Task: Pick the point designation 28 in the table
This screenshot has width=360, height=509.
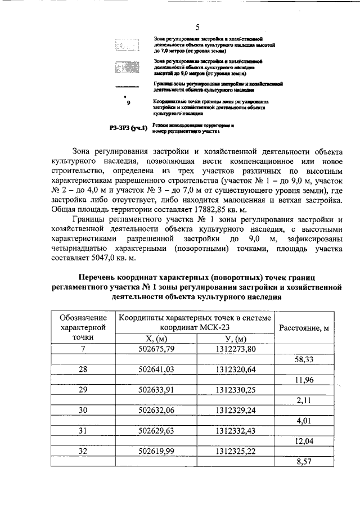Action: [x=83, y=369]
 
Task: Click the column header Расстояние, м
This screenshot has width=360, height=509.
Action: [x=308, y=328]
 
